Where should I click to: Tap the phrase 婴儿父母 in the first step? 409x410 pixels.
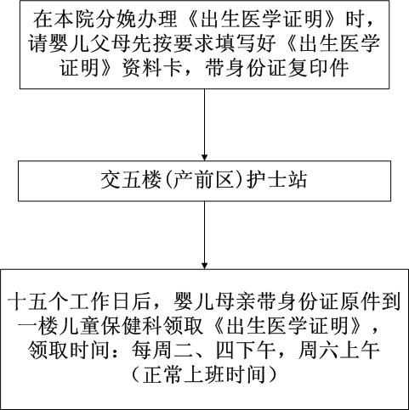pyautogui.click(x=80, y=43)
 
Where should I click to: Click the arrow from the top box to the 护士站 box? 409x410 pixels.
pyautogui.click(x=204, y=125)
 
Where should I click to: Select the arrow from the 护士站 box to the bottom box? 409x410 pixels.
pyautogui.click(x=204, y=235)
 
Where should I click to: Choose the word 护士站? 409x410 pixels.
pyautogui.click(x=277, y=180)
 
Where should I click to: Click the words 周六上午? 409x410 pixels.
pyautogui.click(x=338, y=351)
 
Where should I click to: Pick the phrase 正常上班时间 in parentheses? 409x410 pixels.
pyautogui.click(x=204, y=374)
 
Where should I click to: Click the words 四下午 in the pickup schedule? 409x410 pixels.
pyautogui.click(x=245, y=351)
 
